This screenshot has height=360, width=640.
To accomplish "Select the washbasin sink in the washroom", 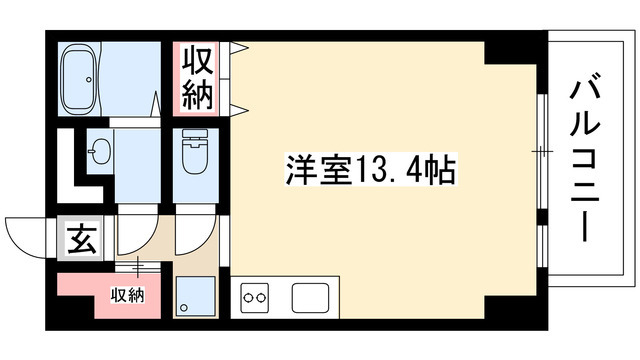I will point(98,153).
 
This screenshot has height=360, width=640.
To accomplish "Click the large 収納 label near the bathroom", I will point(198,77).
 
